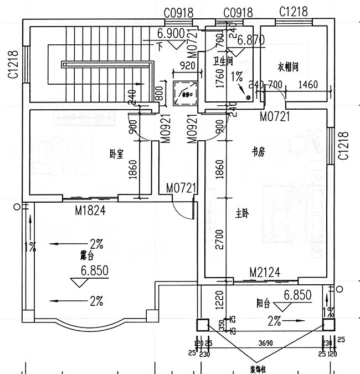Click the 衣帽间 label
click(x=288, y=67)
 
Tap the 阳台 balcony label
click(x=263, y=303)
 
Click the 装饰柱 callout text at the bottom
click(x=258, y=368)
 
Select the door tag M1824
click(x=90, y=210)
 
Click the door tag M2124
click(x=264, y=272)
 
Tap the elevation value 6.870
click(x=251, y=40)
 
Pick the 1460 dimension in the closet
click(x=307, y=85)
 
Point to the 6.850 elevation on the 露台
click(x=94, y=271)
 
